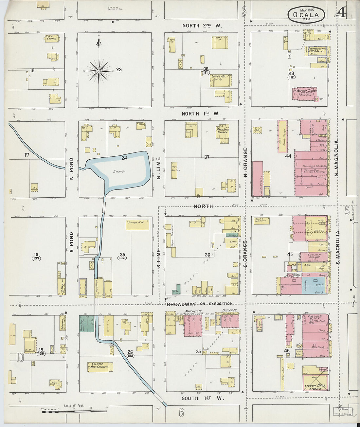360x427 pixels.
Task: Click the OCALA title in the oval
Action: (x=306, y=15)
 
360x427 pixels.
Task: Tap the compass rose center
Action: (x=99, y=71)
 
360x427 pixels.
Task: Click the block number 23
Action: (x=119, y=69)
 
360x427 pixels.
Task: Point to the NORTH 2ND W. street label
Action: (x=202, y=26)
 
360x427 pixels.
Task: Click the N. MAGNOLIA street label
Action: (x=336, y=159)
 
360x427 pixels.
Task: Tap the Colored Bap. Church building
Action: (x=100, y=367)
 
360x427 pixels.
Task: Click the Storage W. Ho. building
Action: (x=137, y=224)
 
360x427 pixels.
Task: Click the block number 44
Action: (x=288, y=156)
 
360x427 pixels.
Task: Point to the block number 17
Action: (x=27, y=155)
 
